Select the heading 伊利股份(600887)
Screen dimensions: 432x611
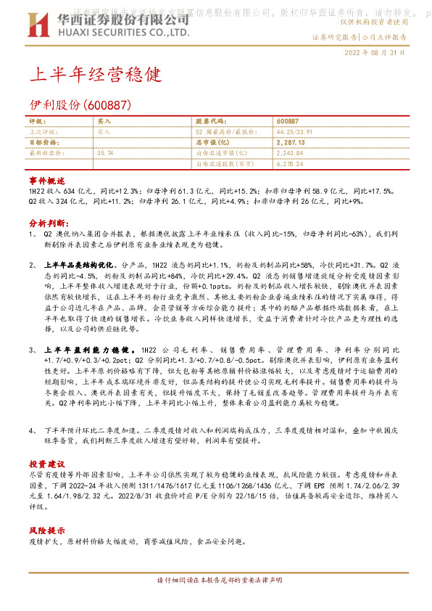tap(79, 105)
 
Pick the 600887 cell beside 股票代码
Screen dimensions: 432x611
tap(287, 122)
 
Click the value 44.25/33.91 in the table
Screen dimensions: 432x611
tap(296, 133)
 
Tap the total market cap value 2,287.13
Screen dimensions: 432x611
tap(291, 143)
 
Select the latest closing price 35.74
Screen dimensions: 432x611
tap(105, 153)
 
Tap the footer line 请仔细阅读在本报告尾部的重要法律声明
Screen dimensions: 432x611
tap(215, 601)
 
